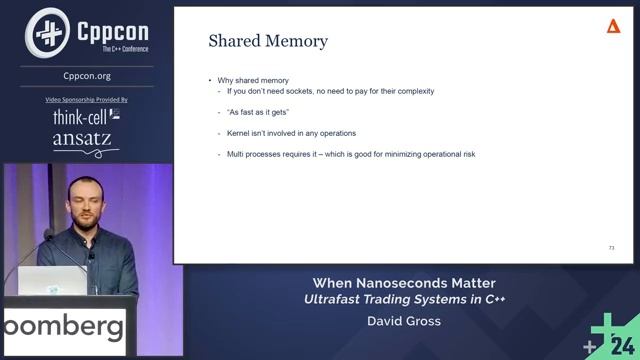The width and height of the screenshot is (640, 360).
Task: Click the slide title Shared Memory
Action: [x=267, y=41]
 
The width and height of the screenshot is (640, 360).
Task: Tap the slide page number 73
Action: [x=611, y=247]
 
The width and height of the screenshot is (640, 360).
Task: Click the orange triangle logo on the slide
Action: [x=614, y=26]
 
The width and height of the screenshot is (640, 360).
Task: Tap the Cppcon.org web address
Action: [x=87, y=75]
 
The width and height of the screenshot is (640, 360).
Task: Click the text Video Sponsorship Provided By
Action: [x=87, y=100]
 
